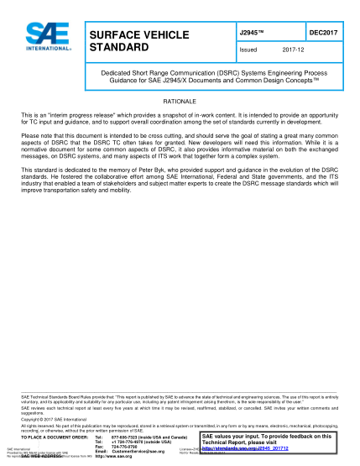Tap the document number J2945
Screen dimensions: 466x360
click(251, 31)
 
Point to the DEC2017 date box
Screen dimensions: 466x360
click(322, 31)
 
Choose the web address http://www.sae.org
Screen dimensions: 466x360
click(116, 458)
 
